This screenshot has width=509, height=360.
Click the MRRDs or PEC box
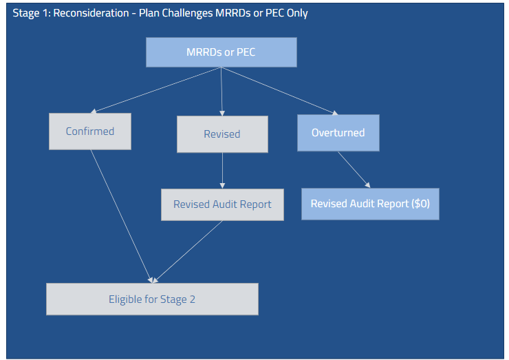[x=221, y=52]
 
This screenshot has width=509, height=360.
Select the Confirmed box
[x=89, y=131]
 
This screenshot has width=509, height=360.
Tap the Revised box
[x=221, y=134]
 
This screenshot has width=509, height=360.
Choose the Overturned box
[x=338, y=133]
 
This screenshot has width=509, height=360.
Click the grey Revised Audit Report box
[x=222, y=204]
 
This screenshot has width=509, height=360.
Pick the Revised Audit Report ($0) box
[x=370, y=204]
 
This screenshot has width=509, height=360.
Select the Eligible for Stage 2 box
[x=152, y=299]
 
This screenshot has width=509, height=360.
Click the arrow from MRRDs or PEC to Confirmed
[x=157, y=89]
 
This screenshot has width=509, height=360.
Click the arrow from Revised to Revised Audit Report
[x=222, y=171]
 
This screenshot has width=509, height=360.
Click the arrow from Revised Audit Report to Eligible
[x=187, y=252]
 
